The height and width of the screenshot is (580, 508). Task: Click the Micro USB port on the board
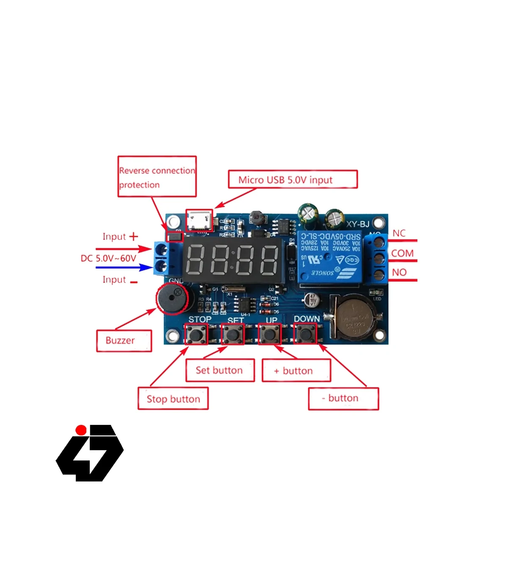pos(199,220)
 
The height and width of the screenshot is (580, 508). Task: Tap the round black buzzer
pos(172,298)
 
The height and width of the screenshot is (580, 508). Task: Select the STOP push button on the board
pos(196,334)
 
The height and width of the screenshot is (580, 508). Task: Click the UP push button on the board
pos(269,334)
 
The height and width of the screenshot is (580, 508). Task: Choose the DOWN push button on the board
pos(305,334)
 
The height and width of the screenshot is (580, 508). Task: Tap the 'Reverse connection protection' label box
pos(157,177)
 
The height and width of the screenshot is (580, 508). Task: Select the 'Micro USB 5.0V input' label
pos(293,180)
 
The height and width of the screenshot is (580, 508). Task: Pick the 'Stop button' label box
pos(173,399)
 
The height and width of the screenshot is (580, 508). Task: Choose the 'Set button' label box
pos(220,370)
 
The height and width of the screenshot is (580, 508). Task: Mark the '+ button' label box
pos(296,371)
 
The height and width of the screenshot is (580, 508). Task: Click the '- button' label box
pos(343,398)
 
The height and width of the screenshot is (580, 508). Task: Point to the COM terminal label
pos(402,253)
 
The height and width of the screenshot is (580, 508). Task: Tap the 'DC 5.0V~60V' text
pos(109,258)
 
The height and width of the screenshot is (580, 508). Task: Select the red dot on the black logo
pos(81,430)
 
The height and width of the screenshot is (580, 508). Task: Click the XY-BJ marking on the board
pos(358,224)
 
